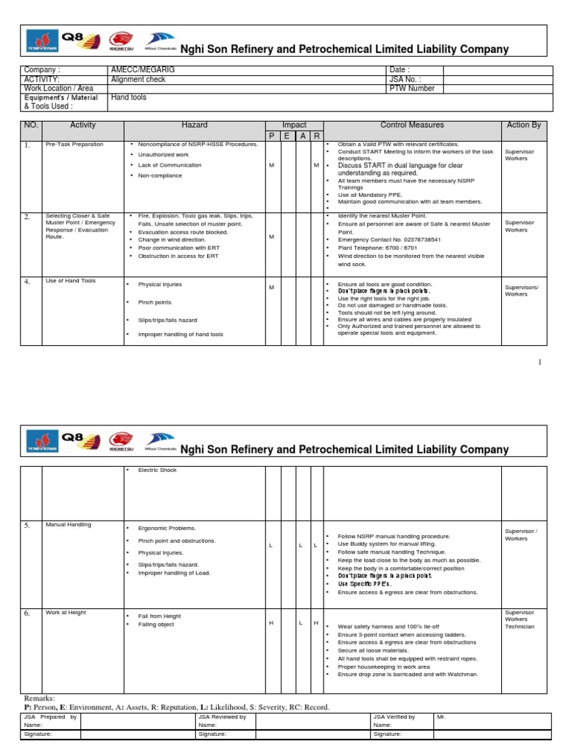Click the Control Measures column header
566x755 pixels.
click(412, 125)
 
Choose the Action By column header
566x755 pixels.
click(524, 125)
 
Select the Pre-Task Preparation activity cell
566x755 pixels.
click(74, 145)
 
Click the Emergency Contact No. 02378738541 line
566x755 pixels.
click(389, 239)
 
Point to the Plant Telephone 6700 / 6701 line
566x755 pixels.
click(377, 248)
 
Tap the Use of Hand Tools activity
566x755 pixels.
click(71, 281)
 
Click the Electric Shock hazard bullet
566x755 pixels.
click(157, 470)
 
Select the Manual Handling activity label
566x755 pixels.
click(69, 524)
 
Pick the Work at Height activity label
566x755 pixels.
click(66, 612)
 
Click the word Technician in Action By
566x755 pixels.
click(520, 627)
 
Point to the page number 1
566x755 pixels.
click(539, 362)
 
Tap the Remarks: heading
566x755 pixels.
click(40, 697)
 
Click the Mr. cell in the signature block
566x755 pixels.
click(441, 717)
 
